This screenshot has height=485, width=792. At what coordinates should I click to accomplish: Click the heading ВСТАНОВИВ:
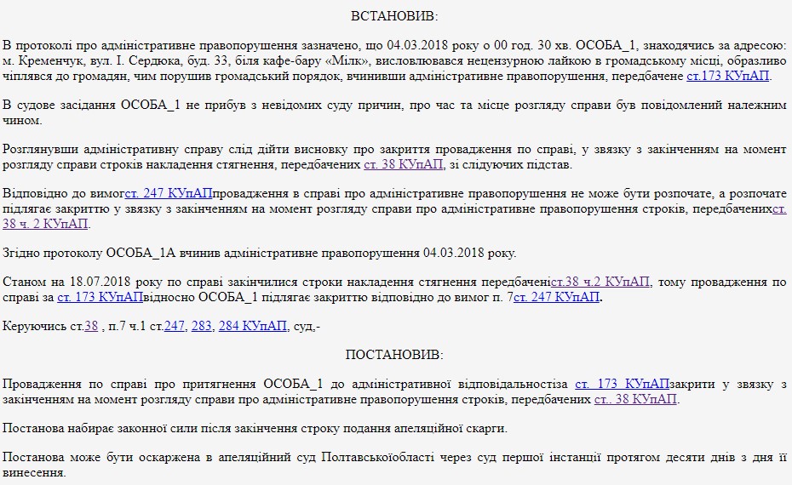point(395,16)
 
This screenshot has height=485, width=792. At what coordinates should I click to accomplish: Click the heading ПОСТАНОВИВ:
point(395,355)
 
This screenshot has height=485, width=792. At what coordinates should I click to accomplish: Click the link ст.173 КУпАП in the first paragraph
point(727,76)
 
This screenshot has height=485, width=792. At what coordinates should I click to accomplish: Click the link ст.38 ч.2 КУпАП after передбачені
point(600,282)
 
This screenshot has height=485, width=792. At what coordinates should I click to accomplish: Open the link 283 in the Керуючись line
point(202,326)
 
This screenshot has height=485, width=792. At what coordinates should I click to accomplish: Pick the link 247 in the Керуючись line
point(175,326)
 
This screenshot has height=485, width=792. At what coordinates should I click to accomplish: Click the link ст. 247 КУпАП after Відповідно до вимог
point(169,193)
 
